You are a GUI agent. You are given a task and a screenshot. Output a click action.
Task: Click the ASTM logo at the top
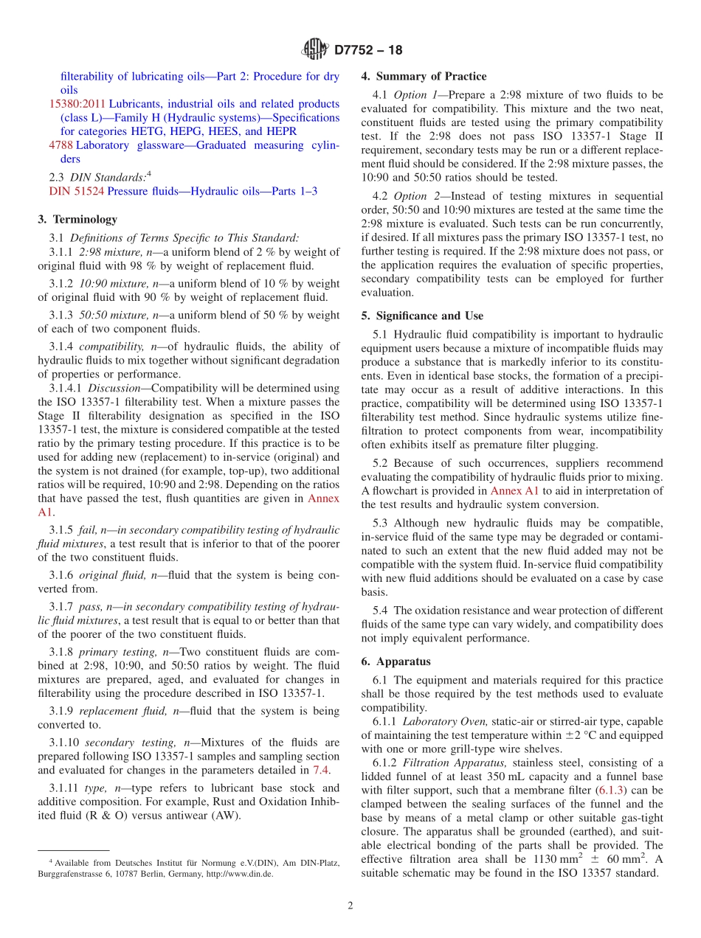point(315,51)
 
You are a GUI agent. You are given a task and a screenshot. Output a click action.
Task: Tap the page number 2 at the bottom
point(350,906)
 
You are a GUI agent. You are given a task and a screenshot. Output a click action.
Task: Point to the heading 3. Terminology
point(77,219)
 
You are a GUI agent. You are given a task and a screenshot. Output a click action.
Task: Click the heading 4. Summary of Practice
point(424,76)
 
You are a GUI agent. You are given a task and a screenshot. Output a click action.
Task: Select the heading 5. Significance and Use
point(422,316)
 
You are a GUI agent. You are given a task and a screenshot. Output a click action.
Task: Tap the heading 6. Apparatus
point(396,661)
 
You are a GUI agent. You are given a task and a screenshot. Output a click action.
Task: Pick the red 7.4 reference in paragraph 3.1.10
point(321,770)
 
